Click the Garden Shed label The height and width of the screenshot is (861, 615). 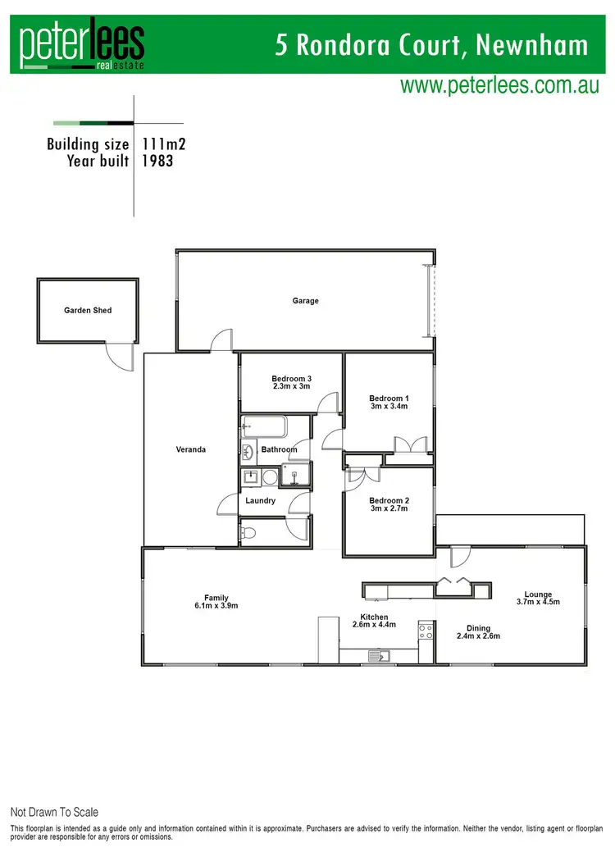pyautogui.click(x=88, y=311)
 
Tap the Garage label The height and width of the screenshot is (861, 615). pyautogui.click(x=305, y=301)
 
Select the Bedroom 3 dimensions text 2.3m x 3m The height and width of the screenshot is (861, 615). pyautogui.click(x=291, y=386)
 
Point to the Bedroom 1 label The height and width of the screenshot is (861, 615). pyautogui.click(x=389, y=399)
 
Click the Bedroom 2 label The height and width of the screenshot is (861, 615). pyautogui.click(x=389, y=500)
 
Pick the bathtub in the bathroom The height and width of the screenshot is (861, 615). pyautogui.click(x=263, y=427)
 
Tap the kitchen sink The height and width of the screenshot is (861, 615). pyautogui.click(x=379, y=655)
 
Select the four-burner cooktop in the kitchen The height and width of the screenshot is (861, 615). pyautogui.click(x=426, y=631)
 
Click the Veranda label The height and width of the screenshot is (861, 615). pyautogui.click(x=191, y=449)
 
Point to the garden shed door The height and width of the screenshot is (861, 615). pyautogui.click(x=118, y=356)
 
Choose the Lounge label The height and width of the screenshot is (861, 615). pyautogui.click(x=539, y=594)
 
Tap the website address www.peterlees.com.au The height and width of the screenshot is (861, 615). pyautogui.click(x=499, y=86)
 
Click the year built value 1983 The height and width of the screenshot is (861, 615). pyautogui.click(x=157, y=162)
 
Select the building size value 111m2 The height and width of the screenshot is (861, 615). pyautogui.click(x=164, y=144)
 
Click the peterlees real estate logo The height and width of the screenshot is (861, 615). pyautogui.click(x=82, y=44)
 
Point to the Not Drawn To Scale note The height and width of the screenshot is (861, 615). pyautogui.click(x=54, y=812)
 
